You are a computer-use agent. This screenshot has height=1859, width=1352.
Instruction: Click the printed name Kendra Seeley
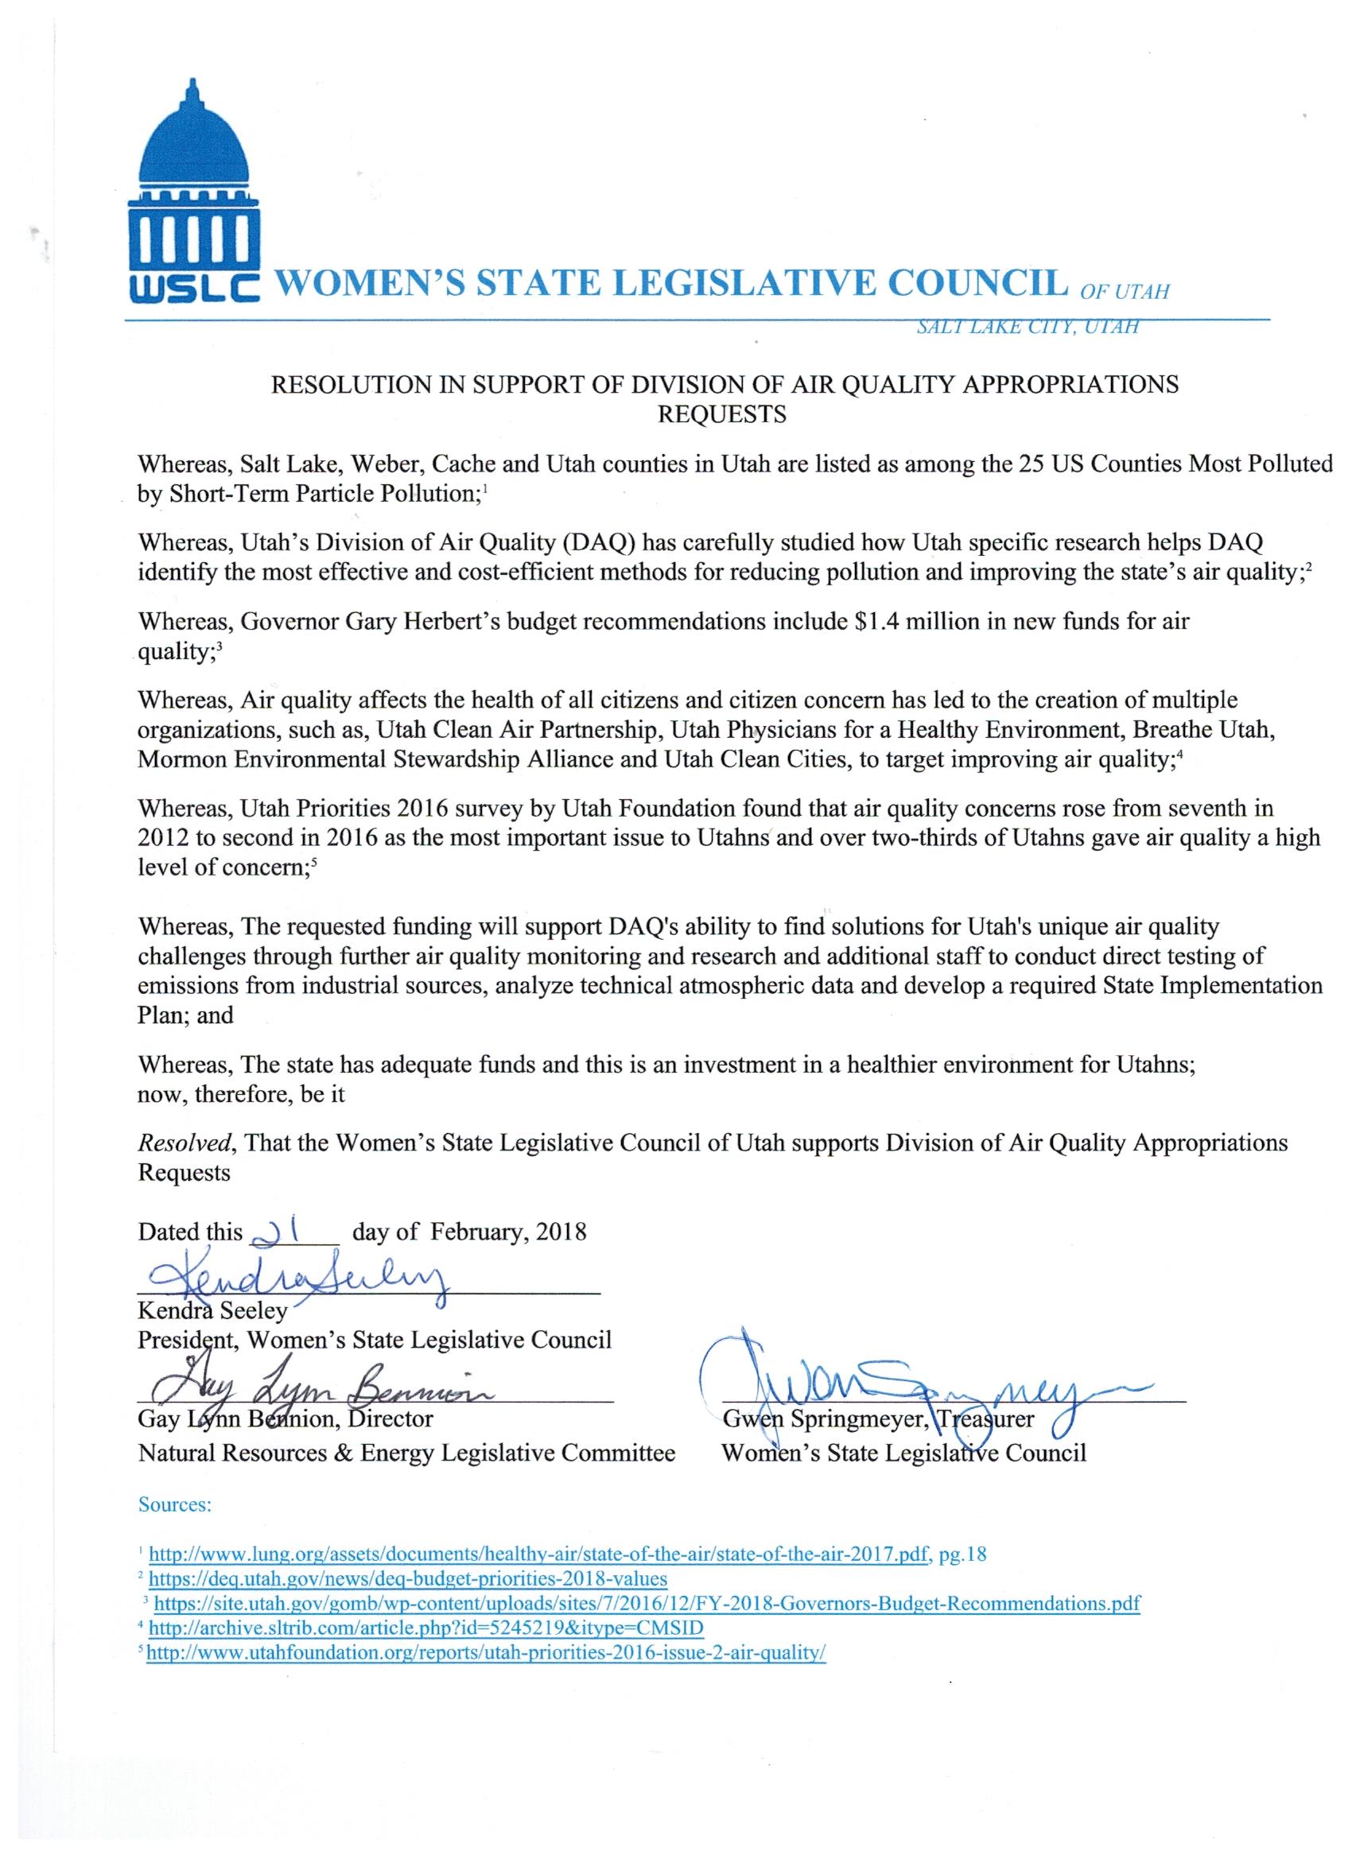[212, 1310]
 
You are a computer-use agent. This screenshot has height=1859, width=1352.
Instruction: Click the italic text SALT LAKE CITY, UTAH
[1028, 327]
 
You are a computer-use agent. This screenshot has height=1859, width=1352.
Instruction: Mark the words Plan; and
[185, 1015]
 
